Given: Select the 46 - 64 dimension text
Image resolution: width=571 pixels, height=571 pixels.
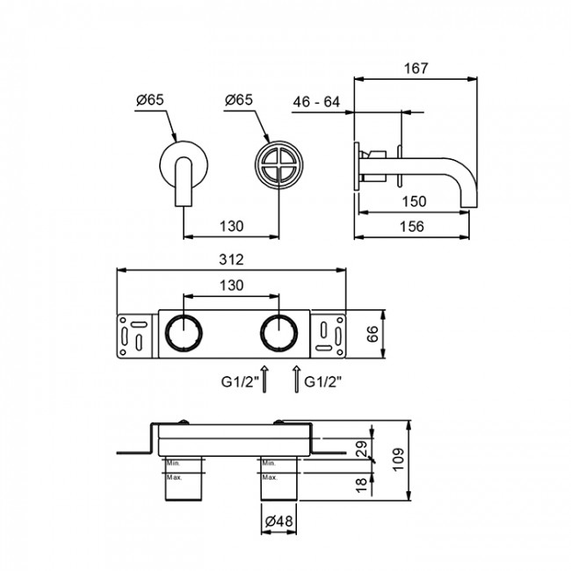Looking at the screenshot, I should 318,103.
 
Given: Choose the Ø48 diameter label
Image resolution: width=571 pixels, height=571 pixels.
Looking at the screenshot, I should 278,521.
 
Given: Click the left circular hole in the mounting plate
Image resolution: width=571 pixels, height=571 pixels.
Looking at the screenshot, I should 184,333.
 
